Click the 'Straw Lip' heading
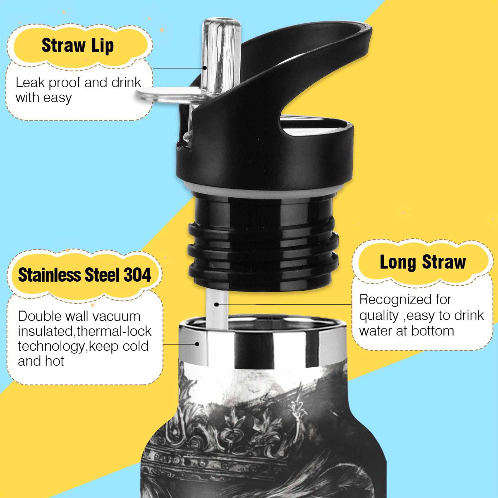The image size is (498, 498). click(78, 46)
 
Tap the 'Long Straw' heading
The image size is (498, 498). click(423, 262)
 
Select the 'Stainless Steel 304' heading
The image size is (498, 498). click(84, 275)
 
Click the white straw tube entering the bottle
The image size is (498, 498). click(217, 309)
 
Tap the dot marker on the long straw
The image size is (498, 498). click(217, 305)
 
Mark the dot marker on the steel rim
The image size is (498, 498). click(197, 344)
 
